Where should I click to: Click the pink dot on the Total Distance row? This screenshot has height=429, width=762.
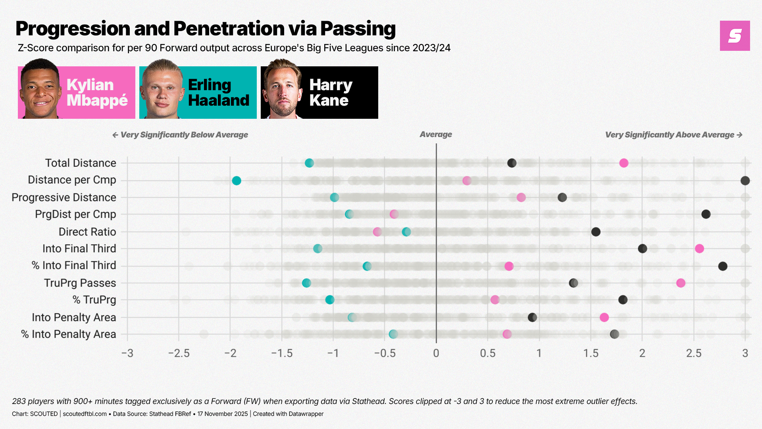tap(623, 163)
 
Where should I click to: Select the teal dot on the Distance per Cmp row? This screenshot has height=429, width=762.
tap(237, 181)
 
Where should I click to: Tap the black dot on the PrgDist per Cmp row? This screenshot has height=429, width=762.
tap(706, 214)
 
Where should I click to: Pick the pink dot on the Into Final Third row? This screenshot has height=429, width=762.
tap(699, 249)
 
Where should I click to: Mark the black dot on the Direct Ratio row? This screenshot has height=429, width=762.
tap(596, 232)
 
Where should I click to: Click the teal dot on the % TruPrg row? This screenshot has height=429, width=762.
tap(330, 300)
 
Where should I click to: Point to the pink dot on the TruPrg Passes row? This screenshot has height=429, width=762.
tap(681, 283)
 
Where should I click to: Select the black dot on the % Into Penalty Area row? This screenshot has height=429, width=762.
tap(614, 334)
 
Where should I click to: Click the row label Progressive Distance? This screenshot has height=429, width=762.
tap(64, 197)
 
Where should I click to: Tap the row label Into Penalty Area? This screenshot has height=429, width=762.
tap(74, 317)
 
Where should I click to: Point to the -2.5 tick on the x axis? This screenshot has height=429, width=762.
tap(179, 353)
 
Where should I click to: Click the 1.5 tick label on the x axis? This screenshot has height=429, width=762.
tap(591, 353)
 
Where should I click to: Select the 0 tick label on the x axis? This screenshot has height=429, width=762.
tap(436, 353)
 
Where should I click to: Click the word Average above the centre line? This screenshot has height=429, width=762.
tap(436, 135)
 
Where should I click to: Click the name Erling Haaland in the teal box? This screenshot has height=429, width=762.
tap(218, 93)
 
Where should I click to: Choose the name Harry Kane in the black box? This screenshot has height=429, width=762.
tap(330, 93)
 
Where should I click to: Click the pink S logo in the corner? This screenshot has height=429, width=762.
tap(735, 36)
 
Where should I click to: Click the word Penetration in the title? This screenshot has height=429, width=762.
tap(229, 29)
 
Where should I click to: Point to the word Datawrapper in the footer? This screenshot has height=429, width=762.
tap(306, 414)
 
